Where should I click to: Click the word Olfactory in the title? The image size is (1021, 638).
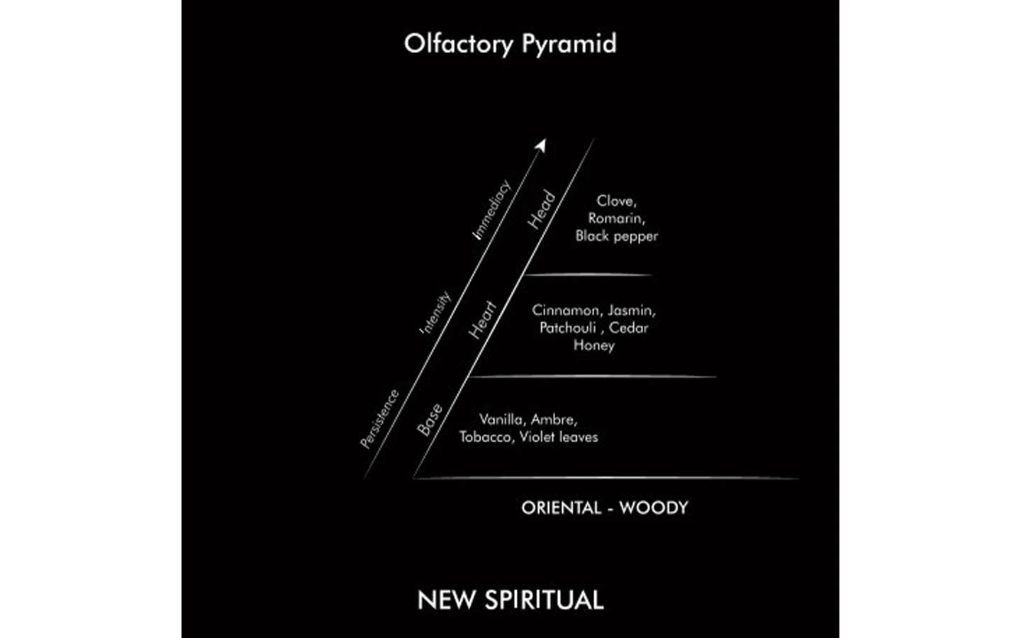click(x=459, y=44)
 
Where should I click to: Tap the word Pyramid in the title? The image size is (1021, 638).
click(x=569, y=44)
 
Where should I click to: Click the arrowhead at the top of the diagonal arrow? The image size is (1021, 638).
click(x=541, y=145)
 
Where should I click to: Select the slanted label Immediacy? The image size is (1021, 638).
click(x=491, y=210)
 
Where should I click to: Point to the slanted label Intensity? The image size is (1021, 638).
click(x=435, y=313)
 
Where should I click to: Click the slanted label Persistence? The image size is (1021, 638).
click(x=379, y=419)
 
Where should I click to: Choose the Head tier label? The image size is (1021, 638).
click(x=542, y=210)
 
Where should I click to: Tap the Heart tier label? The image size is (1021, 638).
click(x=483, y=320)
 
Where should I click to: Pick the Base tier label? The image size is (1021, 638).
click(x=430, y=420)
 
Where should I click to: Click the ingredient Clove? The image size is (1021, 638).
click(x=616, y=201)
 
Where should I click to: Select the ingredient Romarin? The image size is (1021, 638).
click(x=616, y=218)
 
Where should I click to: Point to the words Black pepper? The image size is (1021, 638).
click(x=617, y=236)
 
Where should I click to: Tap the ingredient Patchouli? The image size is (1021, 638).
click(x=568, y=328)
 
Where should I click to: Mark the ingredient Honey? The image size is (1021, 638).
click(x=594, y=345)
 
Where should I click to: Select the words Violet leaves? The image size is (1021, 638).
click(x=559, y=437)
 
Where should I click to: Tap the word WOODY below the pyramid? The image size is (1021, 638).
click(x=654, y=508)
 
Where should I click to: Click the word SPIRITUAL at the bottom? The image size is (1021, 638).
click(x=545, y=600)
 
